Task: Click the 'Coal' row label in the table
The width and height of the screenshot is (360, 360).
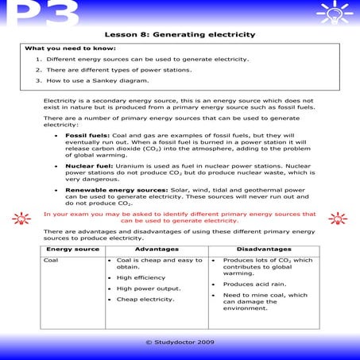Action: pyautogui.click(x=51, y=261)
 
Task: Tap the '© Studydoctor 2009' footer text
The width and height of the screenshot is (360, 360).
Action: pyautogui.click(x=180, y=342)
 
